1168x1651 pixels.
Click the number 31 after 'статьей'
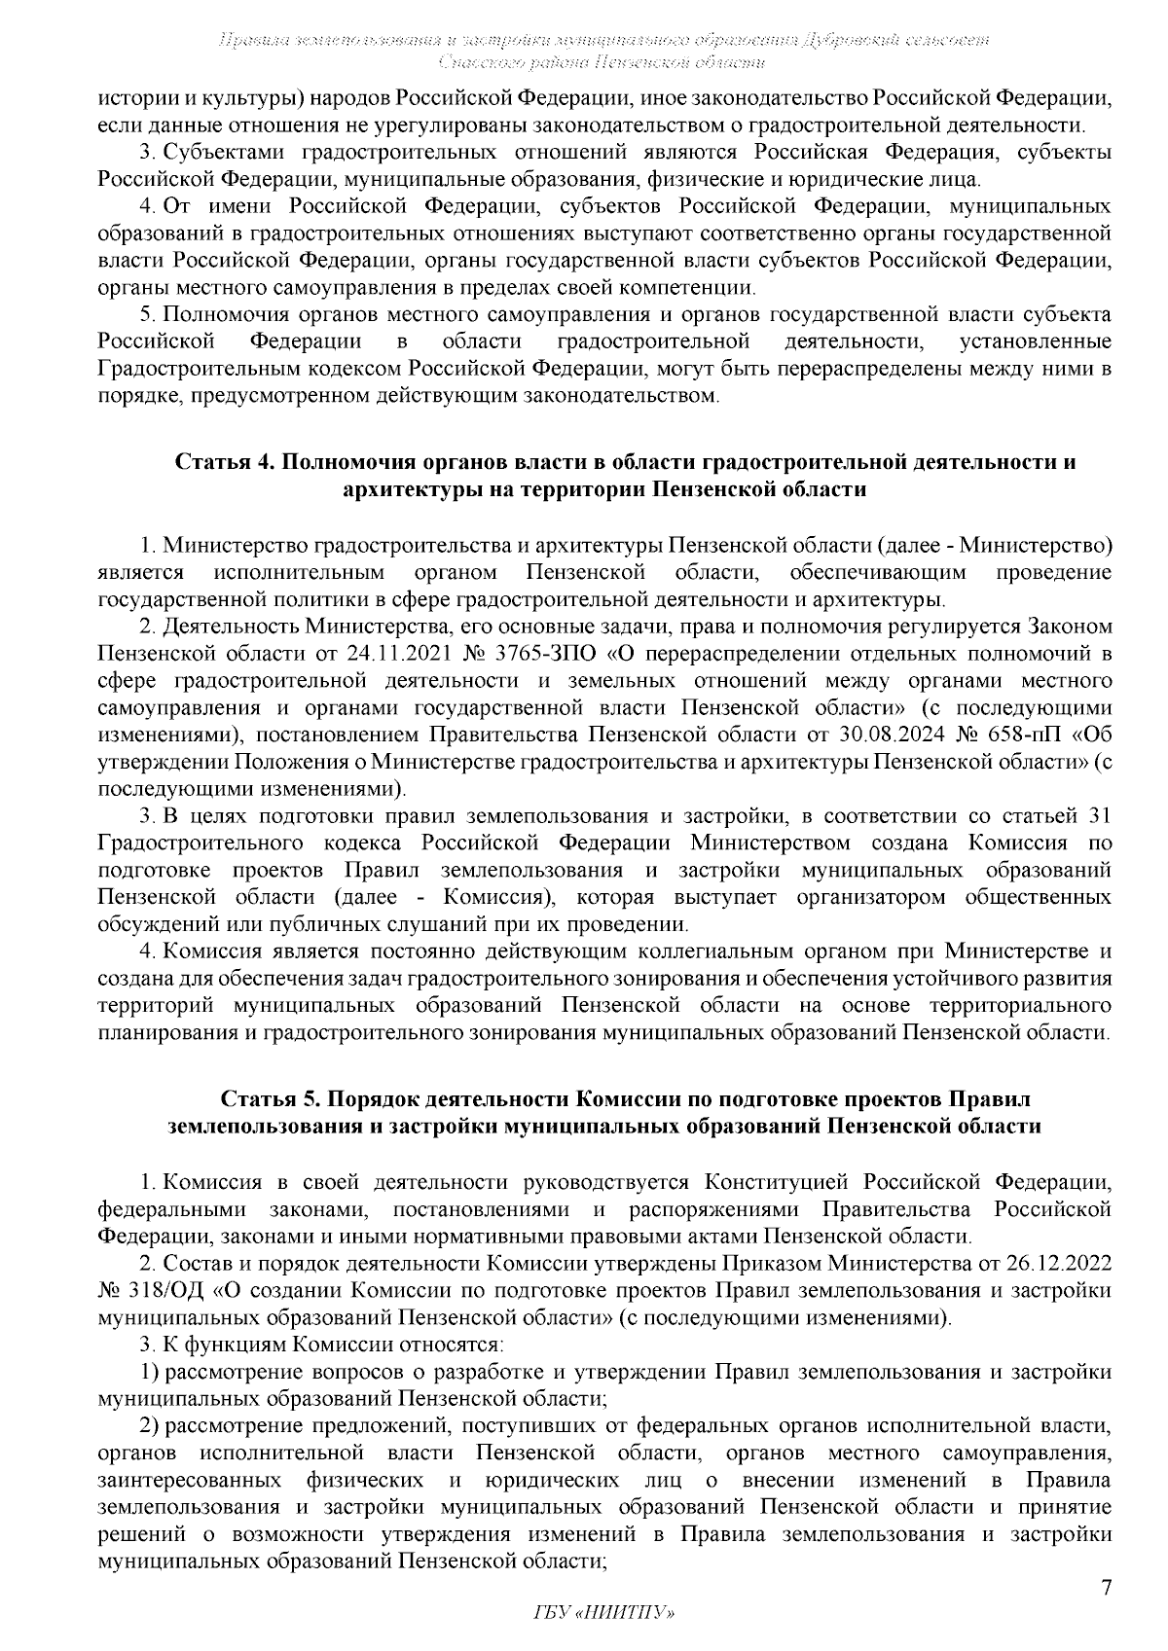1100,813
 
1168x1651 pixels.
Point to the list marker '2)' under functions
151,1426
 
